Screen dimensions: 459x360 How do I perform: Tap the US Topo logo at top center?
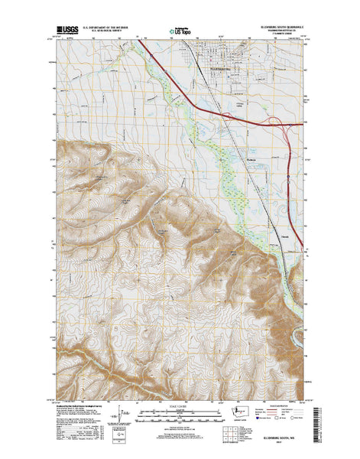coord(180,33)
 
